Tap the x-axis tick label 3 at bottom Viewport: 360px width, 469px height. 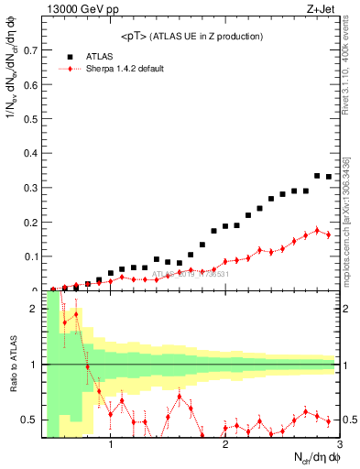(340, 446)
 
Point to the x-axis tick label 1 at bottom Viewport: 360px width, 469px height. (111, 446)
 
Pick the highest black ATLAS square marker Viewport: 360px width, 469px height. (317, 175)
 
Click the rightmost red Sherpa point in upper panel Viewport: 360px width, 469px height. (328, 234)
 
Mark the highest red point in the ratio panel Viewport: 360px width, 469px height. (76, 314)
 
